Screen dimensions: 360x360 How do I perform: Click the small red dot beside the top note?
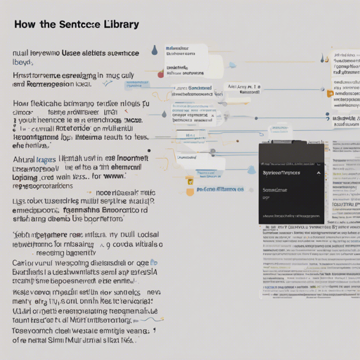[160, 74]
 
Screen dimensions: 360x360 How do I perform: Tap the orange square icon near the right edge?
[330, 92]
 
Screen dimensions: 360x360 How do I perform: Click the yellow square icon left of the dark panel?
[189, 181]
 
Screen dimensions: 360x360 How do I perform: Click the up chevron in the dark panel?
[318, 172]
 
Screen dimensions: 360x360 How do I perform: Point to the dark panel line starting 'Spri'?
[281, 172]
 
